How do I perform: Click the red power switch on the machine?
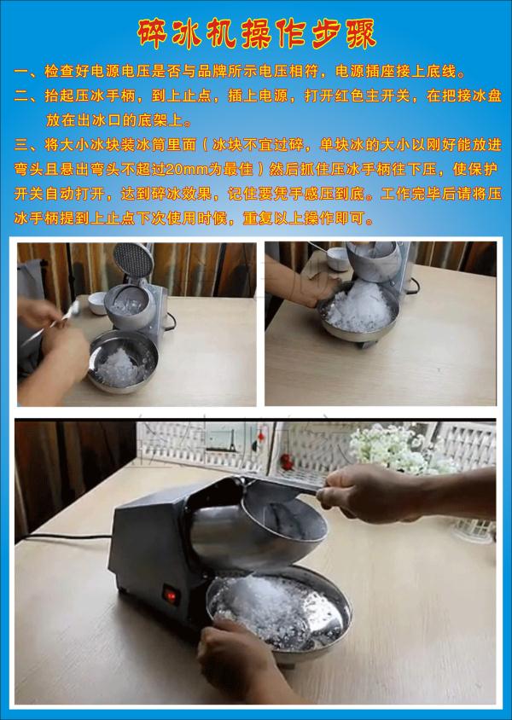[171, 596]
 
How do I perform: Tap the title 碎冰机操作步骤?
[257, 33]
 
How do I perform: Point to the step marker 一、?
[27, 72]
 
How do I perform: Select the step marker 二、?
[27, 96]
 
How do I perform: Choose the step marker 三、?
[27, 145]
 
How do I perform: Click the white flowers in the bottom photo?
[395, 449]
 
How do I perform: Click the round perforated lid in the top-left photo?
[133, 260]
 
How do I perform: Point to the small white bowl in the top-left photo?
[98, 303]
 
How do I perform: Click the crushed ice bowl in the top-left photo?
[123, 362]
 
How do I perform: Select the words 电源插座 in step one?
[365, 72]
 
